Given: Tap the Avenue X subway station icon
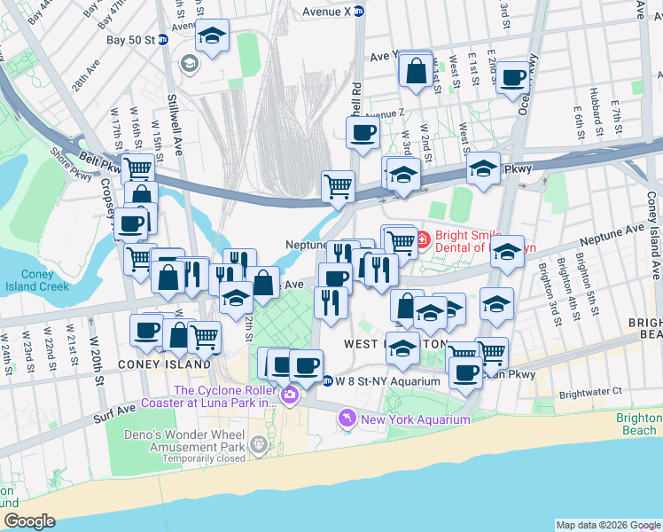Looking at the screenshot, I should pos(359,12).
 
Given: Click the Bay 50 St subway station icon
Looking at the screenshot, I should pos(163,40).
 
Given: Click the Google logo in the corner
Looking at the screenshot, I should pos(29,520).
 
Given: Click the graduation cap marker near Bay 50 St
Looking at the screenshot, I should pos(212,36).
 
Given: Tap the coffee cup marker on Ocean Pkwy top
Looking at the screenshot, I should pos(512,78).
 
